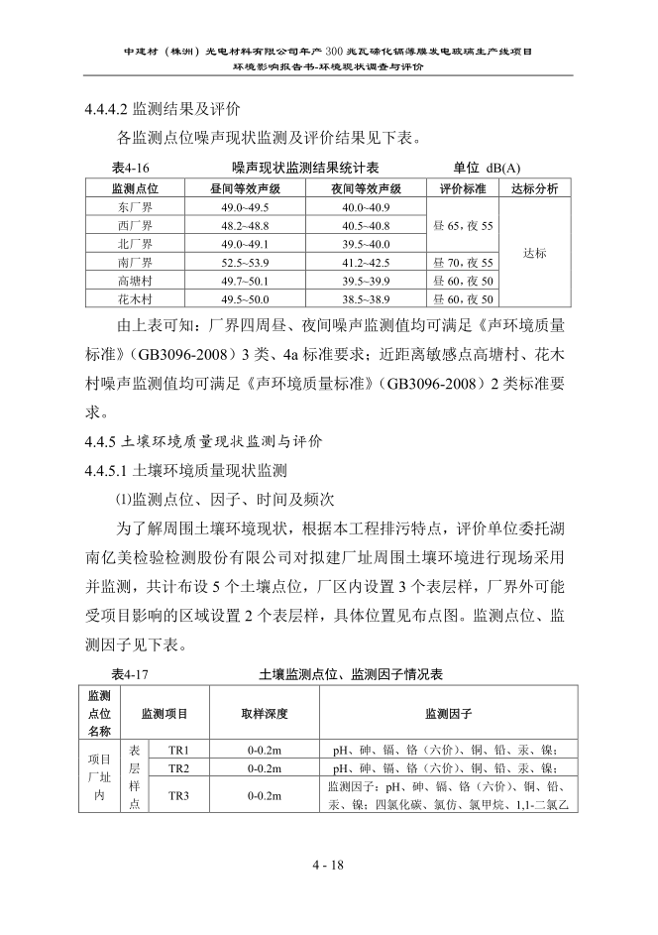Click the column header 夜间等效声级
(366, 188)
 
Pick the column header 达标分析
(534, 188)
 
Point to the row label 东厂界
(134, 207)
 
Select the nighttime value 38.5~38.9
(366, 299)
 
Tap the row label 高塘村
(134, 282)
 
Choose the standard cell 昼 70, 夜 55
(462, 263)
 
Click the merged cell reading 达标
(534, 254)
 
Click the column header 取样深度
(265, 713)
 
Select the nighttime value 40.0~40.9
(366, 207)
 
